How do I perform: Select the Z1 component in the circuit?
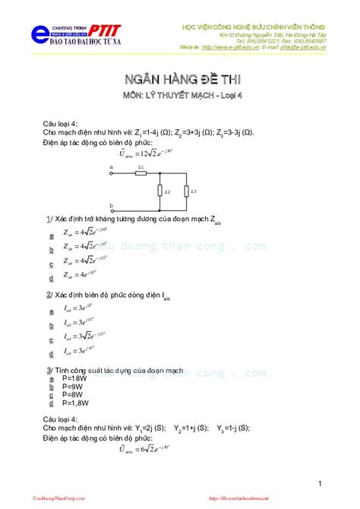pos(141,172)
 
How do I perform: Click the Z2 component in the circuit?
pos(159,191)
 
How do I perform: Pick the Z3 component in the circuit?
pos(186,191)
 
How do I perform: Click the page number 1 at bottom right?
pos(321,483)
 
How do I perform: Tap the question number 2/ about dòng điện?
pos(49,294)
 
